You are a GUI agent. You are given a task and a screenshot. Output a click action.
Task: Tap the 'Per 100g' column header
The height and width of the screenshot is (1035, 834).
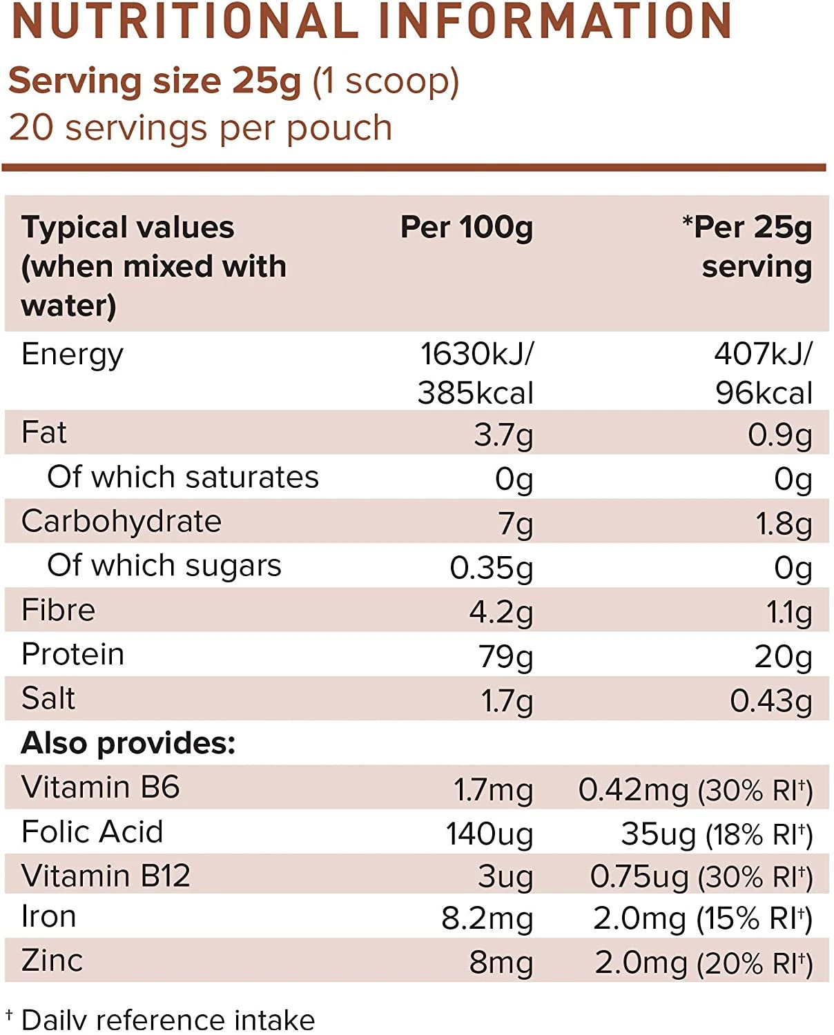click(x=467, y=227)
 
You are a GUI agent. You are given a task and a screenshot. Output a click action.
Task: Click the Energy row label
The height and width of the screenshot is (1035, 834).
click(x=72, y=355)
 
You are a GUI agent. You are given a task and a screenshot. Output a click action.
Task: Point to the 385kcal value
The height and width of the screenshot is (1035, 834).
click(x=475, y=393)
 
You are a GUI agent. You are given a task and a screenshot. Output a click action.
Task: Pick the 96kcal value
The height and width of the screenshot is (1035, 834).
click(x=764, y=393)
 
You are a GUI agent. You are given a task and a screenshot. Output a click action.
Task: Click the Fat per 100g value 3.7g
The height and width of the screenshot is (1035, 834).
click(x=503, y=435)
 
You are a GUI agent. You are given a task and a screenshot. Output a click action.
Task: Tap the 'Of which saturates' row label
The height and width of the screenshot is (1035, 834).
click(x=183, y=477)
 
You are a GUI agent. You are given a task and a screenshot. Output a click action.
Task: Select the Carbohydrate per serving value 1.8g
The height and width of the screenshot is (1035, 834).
click(x=784, y=524)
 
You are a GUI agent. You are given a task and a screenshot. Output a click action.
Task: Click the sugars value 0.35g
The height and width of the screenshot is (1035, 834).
click(x=492, y=568)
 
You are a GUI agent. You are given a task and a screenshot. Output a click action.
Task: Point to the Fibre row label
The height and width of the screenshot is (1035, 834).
click(x=59, y=610)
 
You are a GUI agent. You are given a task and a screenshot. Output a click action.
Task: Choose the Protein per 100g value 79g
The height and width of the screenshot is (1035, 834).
click(x=505, y=656)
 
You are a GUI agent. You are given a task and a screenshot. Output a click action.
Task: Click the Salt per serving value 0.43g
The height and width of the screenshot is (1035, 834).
click(x=770, y=700)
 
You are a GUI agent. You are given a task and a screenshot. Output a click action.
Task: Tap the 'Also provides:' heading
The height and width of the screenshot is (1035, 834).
click(x=128, y=743)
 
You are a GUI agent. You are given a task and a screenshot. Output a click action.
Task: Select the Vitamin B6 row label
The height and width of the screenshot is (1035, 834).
click(x=101, y=787)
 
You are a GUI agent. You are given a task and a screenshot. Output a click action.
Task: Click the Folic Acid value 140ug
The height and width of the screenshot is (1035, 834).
click(x=489, y=834)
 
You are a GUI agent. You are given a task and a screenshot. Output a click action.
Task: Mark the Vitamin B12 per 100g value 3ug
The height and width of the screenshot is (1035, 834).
click(x=505, y=877)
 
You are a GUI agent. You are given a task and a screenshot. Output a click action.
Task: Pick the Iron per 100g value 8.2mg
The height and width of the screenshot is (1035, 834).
click(x=487, y=919)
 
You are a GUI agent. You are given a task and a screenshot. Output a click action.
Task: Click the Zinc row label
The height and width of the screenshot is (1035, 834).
click(x=52, y=960)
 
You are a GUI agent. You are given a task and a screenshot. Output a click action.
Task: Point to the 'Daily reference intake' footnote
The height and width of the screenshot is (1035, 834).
click(x=168, y=1020)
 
